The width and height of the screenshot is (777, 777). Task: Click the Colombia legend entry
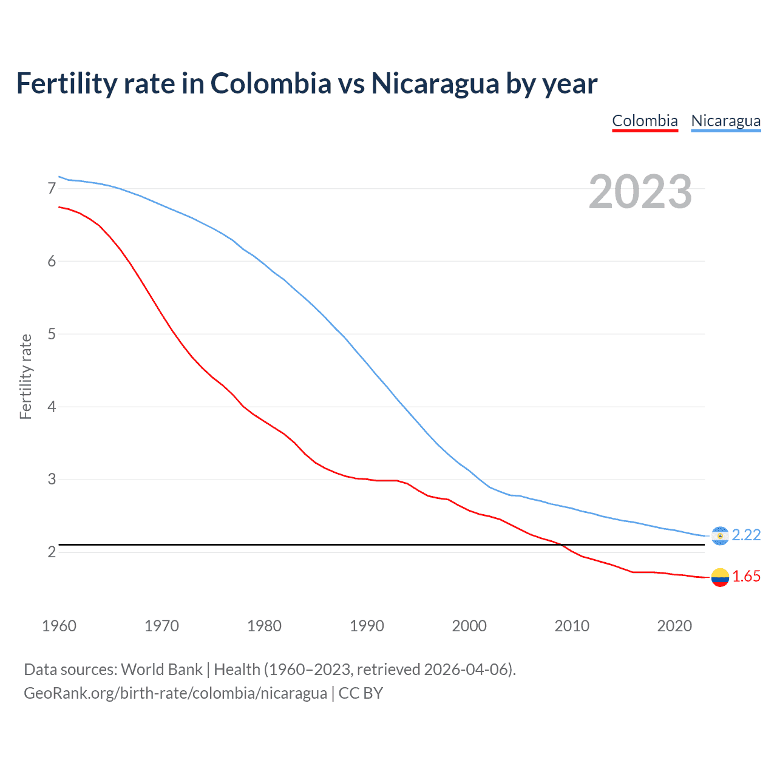click(645, 121)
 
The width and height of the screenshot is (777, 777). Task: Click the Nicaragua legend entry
click(725, 121)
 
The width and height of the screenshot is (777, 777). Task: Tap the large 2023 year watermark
click(640, 192)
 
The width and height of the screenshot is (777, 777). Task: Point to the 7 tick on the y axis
click(52, 189)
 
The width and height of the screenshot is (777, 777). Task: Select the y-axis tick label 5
click(52, 334)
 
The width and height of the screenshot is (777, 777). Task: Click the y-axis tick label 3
click(52, 480)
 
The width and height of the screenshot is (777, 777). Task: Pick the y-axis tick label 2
click(52, 552)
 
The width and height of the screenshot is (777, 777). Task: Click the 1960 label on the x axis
click(59, 626)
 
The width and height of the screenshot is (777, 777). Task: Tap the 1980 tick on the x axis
click(264, 626)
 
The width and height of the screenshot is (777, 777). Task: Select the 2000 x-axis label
click(469, 626)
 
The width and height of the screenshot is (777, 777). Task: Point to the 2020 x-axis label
click(674, 626)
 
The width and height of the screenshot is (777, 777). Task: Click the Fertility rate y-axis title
click(25, 376)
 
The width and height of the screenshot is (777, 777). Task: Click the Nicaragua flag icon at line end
click(720, 535)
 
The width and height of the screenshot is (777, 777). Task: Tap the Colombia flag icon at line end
click(720, 577)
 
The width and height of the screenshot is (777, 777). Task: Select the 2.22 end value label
click(746, 535)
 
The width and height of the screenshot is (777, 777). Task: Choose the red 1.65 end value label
click(746, 577)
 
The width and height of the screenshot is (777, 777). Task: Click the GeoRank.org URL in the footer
click(175, 693)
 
